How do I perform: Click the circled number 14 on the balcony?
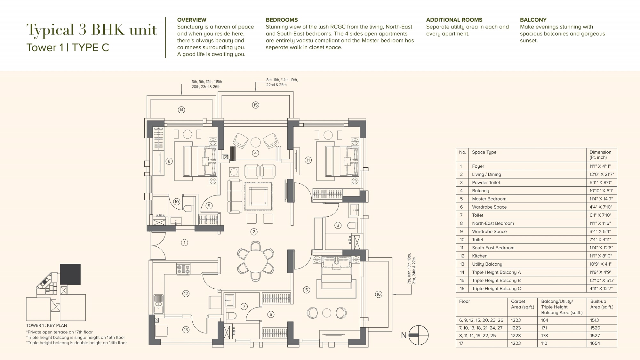181,110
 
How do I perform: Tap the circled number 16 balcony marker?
379,294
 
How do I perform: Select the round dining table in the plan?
255,261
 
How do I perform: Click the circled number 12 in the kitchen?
186,293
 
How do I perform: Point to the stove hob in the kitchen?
183,269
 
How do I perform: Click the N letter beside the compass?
404,335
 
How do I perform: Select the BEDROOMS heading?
282,20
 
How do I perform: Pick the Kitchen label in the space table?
480,256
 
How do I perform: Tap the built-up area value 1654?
595,343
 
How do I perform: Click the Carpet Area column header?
523,304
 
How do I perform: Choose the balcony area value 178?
545,336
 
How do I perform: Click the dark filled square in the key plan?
70,274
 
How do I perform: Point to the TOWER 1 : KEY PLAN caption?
47,325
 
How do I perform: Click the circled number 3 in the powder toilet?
338,225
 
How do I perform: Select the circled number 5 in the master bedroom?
307,290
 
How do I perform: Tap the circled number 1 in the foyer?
184,243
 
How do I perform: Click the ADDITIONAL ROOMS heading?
454,20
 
